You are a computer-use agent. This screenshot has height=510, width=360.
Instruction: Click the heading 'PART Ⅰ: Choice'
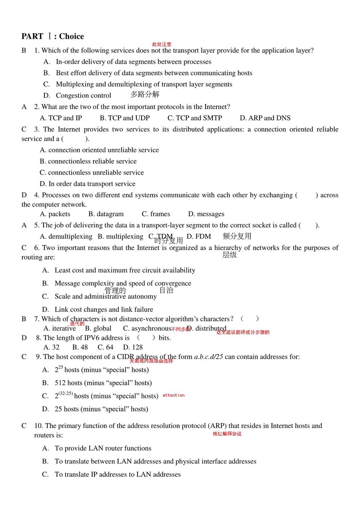(53, 36)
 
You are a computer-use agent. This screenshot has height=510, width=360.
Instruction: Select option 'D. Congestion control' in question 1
(78, 95)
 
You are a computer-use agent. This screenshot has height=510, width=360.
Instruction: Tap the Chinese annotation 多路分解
(145, 94)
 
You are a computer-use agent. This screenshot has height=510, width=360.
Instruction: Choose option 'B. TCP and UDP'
(125, 118)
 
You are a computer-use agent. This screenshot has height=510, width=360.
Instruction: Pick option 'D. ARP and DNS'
(265, 118)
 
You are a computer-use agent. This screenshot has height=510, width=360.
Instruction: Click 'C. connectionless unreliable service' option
(92, 173)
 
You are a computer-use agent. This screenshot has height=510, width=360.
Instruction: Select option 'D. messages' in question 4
(206, 214)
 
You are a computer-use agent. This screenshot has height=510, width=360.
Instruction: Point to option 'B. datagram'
(106, 214)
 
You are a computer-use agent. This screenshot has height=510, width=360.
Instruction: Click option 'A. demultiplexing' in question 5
(66, 237)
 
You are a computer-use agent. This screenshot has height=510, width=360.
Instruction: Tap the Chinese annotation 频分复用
(237, 236)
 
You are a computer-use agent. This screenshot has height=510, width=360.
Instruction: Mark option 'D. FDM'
(199, 237)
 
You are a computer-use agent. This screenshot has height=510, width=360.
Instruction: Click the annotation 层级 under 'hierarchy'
(230, 255)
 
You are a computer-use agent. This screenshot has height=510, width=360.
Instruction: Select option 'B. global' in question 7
(98, 329)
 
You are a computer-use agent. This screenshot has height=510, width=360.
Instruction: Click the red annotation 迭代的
(77, 323)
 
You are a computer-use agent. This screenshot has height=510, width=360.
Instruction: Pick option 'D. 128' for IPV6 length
(133, 347)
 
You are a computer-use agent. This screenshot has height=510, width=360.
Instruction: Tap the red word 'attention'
(174, 395)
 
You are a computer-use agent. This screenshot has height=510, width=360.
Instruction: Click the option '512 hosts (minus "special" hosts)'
(103, 383)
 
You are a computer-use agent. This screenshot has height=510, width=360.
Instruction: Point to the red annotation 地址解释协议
(227, 434)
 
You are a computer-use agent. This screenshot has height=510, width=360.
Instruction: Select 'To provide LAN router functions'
(103, 448)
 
